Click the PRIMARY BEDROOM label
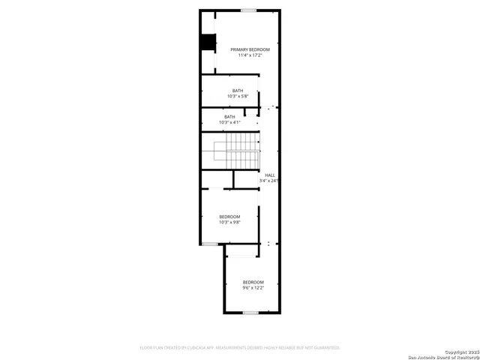250,49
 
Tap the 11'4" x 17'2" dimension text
250,55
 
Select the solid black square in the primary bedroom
206,43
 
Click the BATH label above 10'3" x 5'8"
237,91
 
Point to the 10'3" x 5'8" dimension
237,97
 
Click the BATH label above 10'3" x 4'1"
229,116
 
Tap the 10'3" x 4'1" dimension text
229,122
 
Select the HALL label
269,175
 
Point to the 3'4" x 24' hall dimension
268,181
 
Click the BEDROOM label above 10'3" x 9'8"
229,216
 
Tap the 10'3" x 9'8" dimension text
229,222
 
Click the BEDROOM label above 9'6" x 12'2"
253,282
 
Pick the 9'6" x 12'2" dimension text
253,288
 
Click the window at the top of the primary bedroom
249,10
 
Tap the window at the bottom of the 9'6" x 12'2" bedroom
250,312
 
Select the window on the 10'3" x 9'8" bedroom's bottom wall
210,244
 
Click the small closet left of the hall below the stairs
216,179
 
